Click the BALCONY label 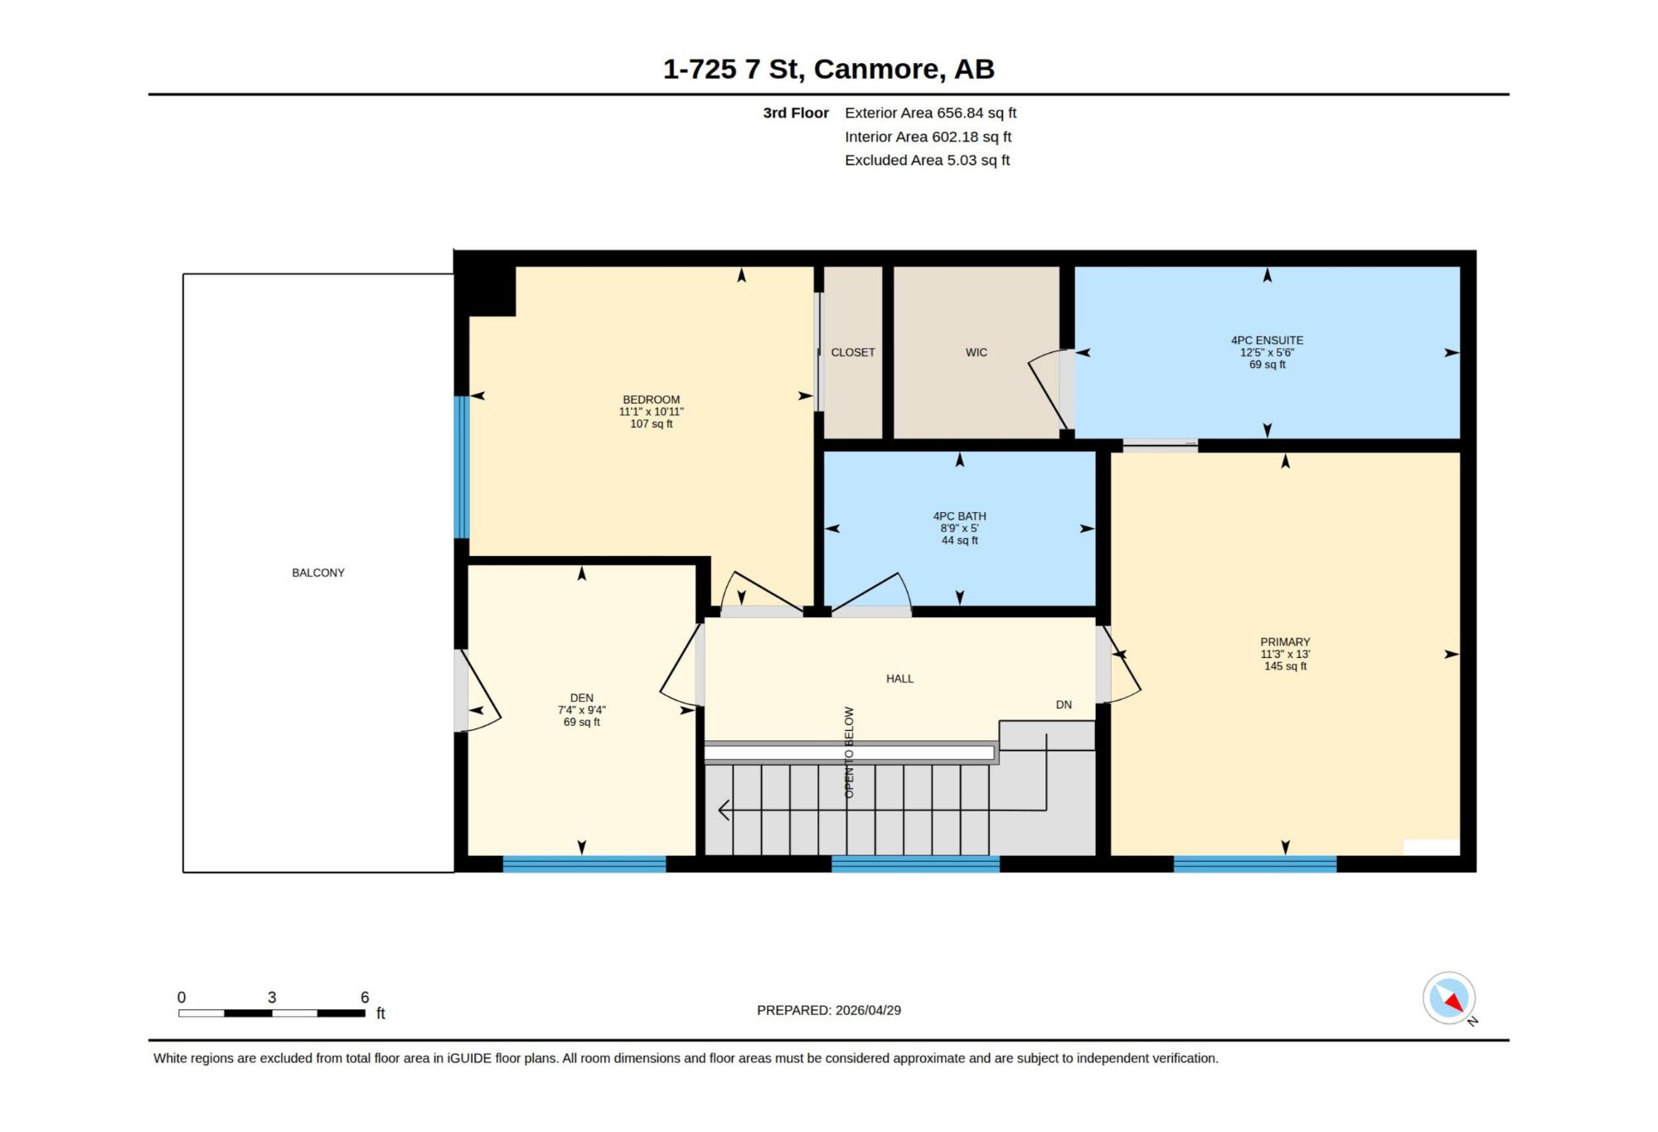tap(318, 573)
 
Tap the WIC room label tap(977, 352)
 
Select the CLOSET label tap(853, 352)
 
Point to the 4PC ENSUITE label tap(1267, 341)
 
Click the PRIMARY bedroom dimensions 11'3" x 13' tap(1285, 654)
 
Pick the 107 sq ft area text tap(652, 423)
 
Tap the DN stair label tap(1064, 704)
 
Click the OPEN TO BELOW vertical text tap(849, 752)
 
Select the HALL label tap(899, 679)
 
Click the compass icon tap(1449, 998)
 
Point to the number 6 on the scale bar tap(365, 997)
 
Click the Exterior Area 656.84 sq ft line tap(930, 113)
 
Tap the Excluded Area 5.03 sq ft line tap(927, 160)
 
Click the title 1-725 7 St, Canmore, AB tap(829, 69)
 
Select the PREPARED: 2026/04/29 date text tap(829, 1010)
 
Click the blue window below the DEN tap(584, 864)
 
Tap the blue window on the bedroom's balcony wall tap(462, 467)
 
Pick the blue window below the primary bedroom tap(1255, 864)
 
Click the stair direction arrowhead tap(724, 810)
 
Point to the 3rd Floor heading tap(796, 113)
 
